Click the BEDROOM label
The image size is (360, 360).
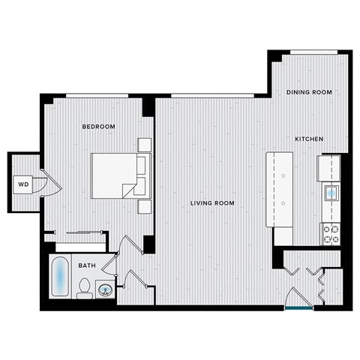[98, 127]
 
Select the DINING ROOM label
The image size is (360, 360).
[309, 92]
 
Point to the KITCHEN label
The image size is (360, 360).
[308, 139]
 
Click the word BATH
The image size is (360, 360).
[88, 265]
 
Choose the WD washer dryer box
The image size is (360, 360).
[24, 184]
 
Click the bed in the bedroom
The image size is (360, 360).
[116, 175]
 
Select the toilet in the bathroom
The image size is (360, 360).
[84, 287]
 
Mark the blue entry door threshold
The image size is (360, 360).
[299, 307]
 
